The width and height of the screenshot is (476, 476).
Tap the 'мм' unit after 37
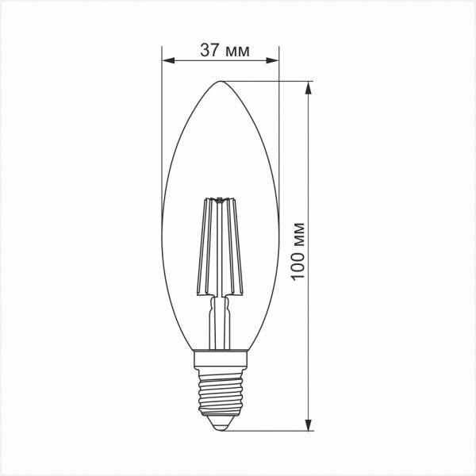(237, 52)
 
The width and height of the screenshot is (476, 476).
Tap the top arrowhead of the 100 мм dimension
(307, 86)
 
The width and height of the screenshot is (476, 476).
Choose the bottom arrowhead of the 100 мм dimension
(307, 426)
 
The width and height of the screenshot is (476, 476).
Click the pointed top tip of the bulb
(220, 81)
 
